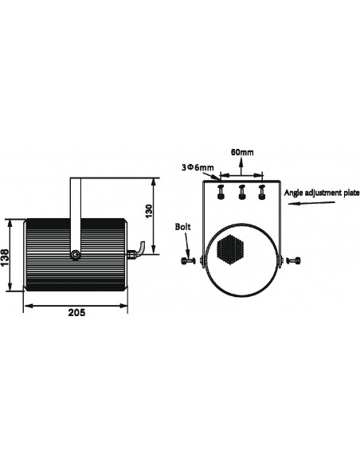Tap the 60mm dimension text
tap(242, 151)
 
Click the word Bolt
tap(183, 226)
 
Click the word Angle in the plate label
tap(295, 193)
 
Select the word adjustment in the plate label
tap(324, 193)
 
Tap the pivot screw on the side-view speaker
tap(75, 255)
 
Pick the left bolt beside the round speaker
tap(188, 260)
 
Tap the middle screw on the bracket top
tap(241, 191)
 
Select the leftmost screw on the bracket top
tap(222, 191)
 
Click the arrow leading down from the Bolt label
tap(186, 243)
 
